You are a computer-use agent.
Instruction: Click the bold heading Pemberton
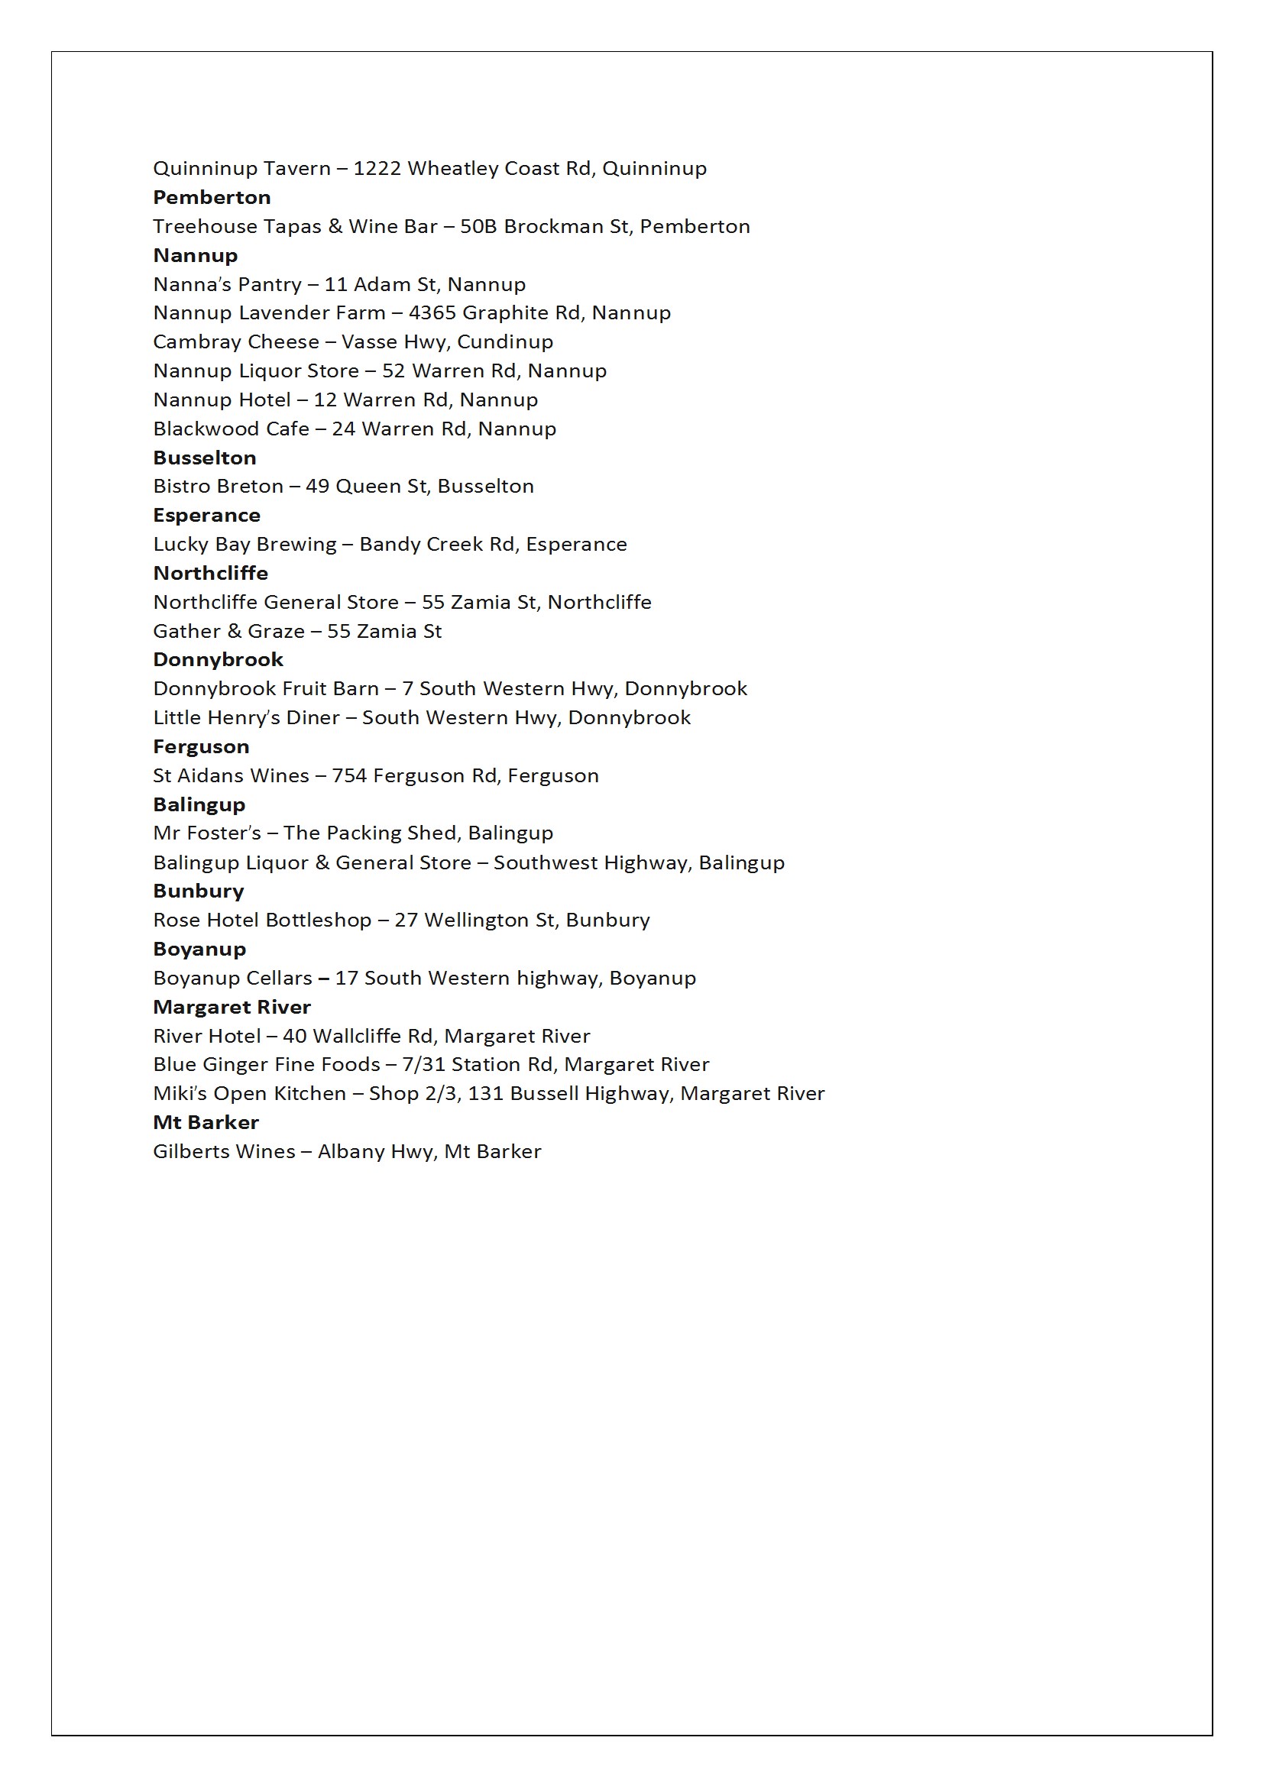pyautogui.click(x=212, y=198)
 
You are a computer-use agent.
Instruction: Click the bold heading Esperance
pyautogui.click(x=206, y=516)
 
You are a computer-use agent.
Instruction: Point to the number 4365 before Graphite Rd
pyautogui.click(x=432, y=312)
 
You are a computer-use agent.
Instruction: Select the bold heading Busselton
pyautogui.click(x=205, y=458)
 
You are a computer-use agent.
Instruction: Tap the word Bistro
pyautogui.click(x=179, y=486)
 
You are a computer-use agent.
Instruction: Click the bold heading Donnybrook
pyautogui.click(x=218, y=660)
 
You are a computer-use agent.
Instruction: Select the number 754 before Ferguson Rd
pyautogui.click(x=348, y=775)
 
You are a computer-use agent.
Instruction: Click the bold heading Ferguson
pyautogui.click(x=201, y=747)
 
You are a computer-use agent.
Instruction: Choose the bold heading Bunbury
pyautogui.click(x=199, y=891)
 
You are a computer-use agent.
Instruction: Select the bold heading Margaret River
pyautogui.click(x=232, y=1008)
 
